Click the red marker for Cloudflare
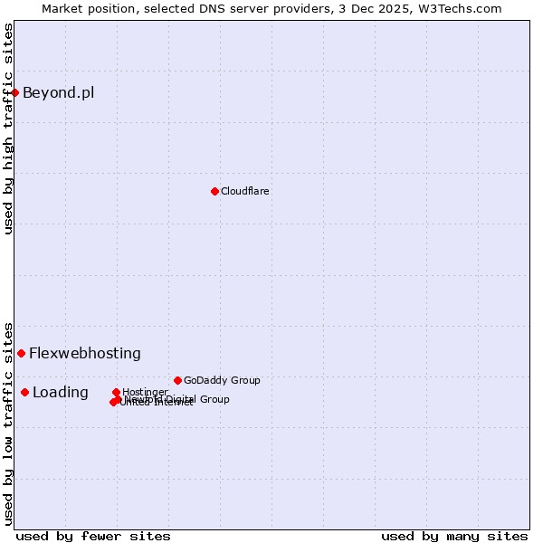coord(214,191)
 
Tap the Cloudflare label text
coord(245,191)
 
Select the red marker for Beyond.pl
coord(15,92)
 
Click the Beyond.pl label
coord(58,92)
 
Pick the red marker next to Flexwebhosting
coord(21,353)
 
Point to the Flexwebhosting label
coord(85,353)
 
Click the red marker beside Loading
coord(24,392)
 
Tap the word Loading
coord(61,392)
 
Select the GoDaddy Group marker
coord(177,380)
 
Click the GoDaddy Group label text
coord(222,380)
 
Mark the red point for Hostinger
coord(117,392)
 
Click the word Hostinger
coord(146,392)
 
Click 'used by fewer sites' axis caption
coord(93,536)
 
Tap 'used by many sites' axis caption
coord(454,536)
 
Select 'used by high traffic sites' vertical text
coord(8,129)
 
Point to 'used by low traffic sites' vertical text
coord(8,424)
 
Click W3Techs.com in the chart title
coord(461,8)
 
